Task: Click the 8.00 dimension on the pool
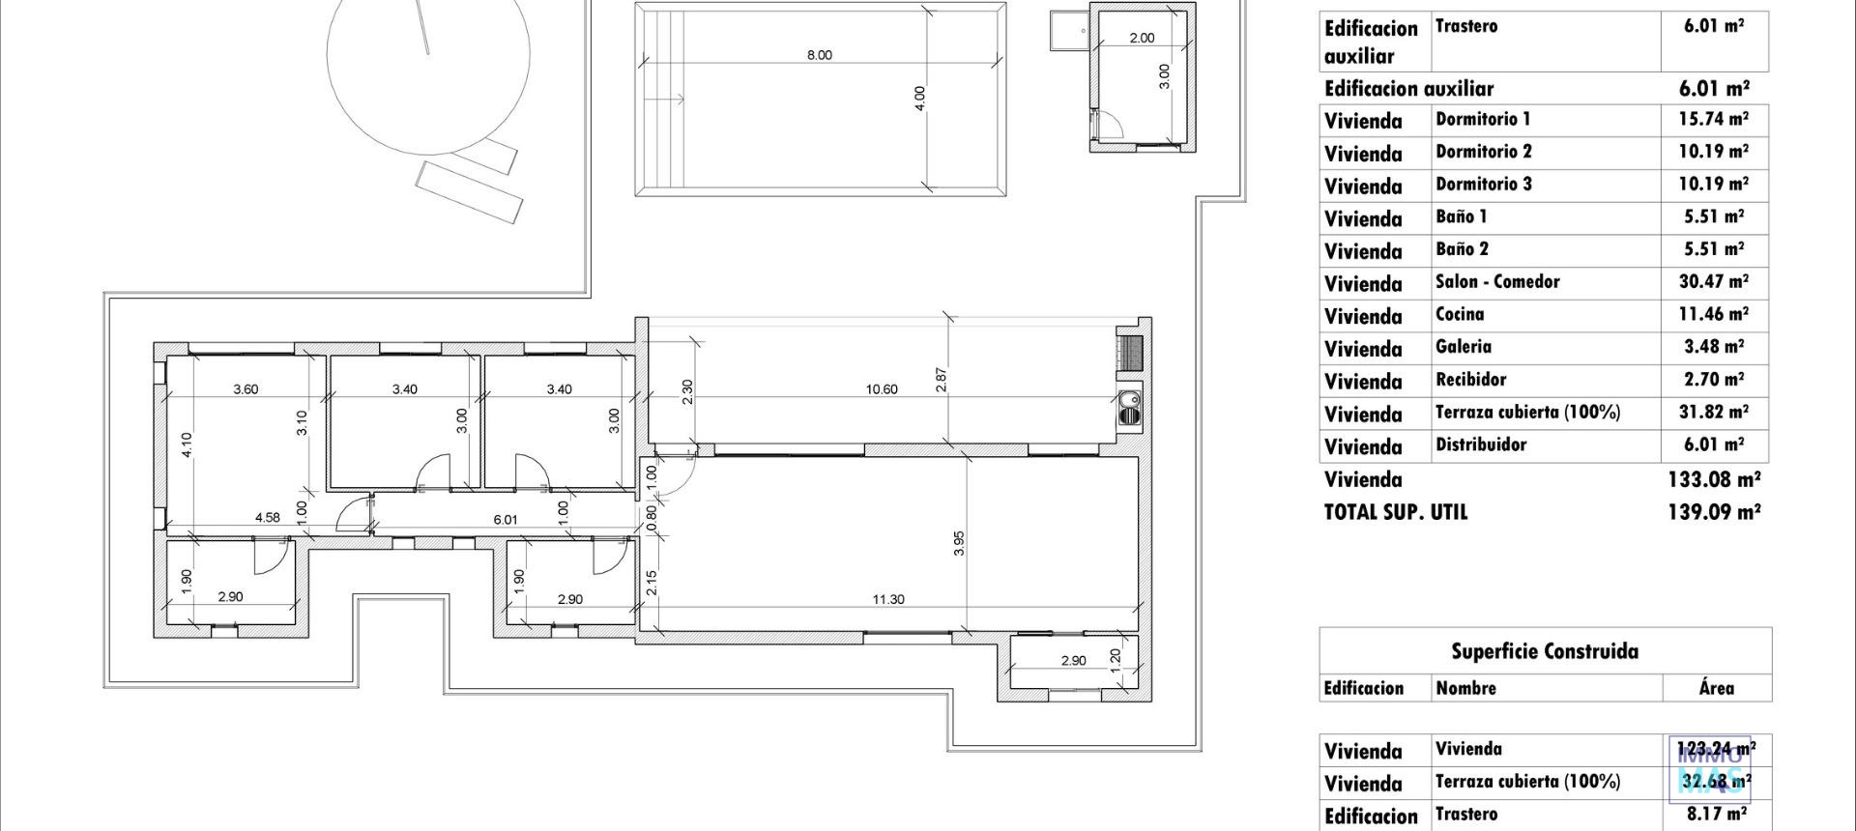(819, 55)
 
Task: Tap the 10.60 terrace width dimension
(882, 389)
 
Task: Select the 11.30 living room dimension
(888, 599)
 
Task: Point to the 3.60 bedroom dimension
(246, 389)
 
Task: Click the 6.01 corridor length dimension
(506, 519)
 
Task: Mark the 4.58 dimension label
(267, 517)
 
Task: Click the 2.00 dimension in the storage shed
(1142, 38)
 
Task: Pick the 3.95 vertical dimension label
(959, 544)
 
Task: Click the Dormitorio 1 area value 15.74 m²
(1713, 120)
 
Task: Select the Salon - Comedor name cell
(1497, 282)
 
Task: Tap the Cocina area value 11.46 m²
(1713, 314)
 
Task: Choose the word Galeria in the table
(1464, 347)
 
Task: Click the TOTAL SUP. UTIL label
(1395, 512)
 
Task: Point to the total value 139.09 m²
(1713, 512)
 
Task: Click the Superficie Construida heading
(1545, 651)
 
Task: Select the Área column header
(1716, 688)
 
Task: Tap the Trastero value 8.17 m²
(1714, 814)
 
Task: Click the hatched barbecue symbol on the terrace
(1129, 352)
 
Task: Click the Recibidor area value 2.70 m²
(1713, 380)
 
